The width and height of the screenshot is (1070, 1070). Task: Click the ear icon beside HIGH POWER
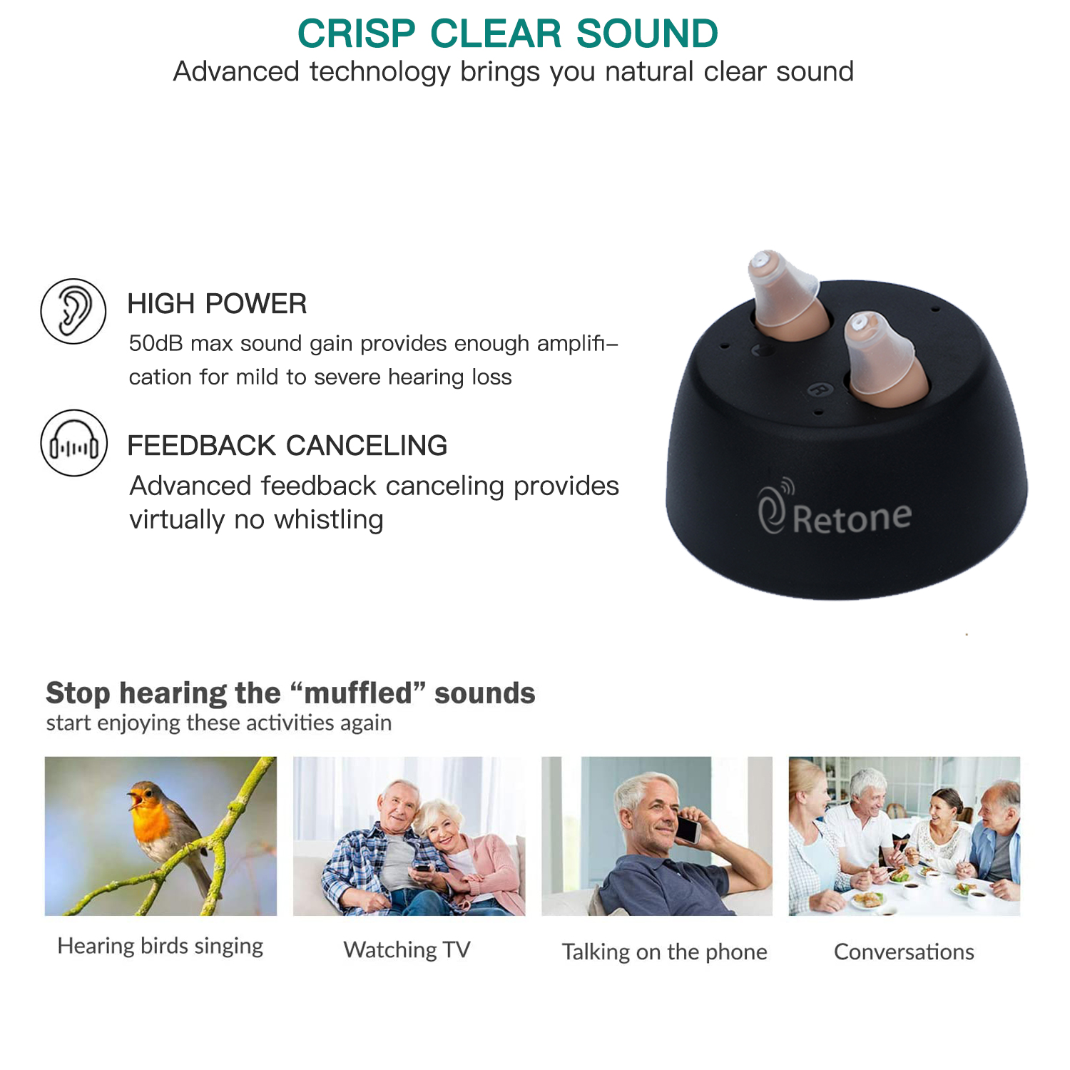click(73, 312)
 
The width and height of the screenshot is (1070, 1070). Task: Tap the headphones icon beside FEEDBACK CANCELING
click(74, 443)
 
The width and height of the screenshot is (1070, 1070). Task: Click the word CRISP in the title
click(357, 34)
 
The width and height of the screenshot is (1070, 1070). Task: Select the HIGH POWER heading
click(217, 304)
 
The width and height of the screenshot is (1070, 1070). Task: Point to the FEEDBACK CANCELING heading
click(287, 446)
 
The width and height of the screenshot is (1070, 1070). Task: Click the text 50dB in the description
click(156, 343)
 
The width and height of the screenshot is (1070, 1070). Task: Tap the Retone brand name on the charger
click(852, 518)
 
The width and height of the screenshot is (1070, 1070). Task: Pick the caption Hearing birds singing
click(160, 946)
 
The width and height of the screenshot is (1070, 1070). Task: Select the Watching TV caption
click(407, 949)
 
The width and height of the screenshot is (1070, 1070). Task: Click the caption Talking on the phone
click(664, 952)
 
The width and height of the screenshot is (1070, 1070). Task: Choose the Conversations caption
click(904, 952)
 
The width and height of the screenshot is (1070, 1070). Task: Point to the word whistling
click(329, 519)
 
